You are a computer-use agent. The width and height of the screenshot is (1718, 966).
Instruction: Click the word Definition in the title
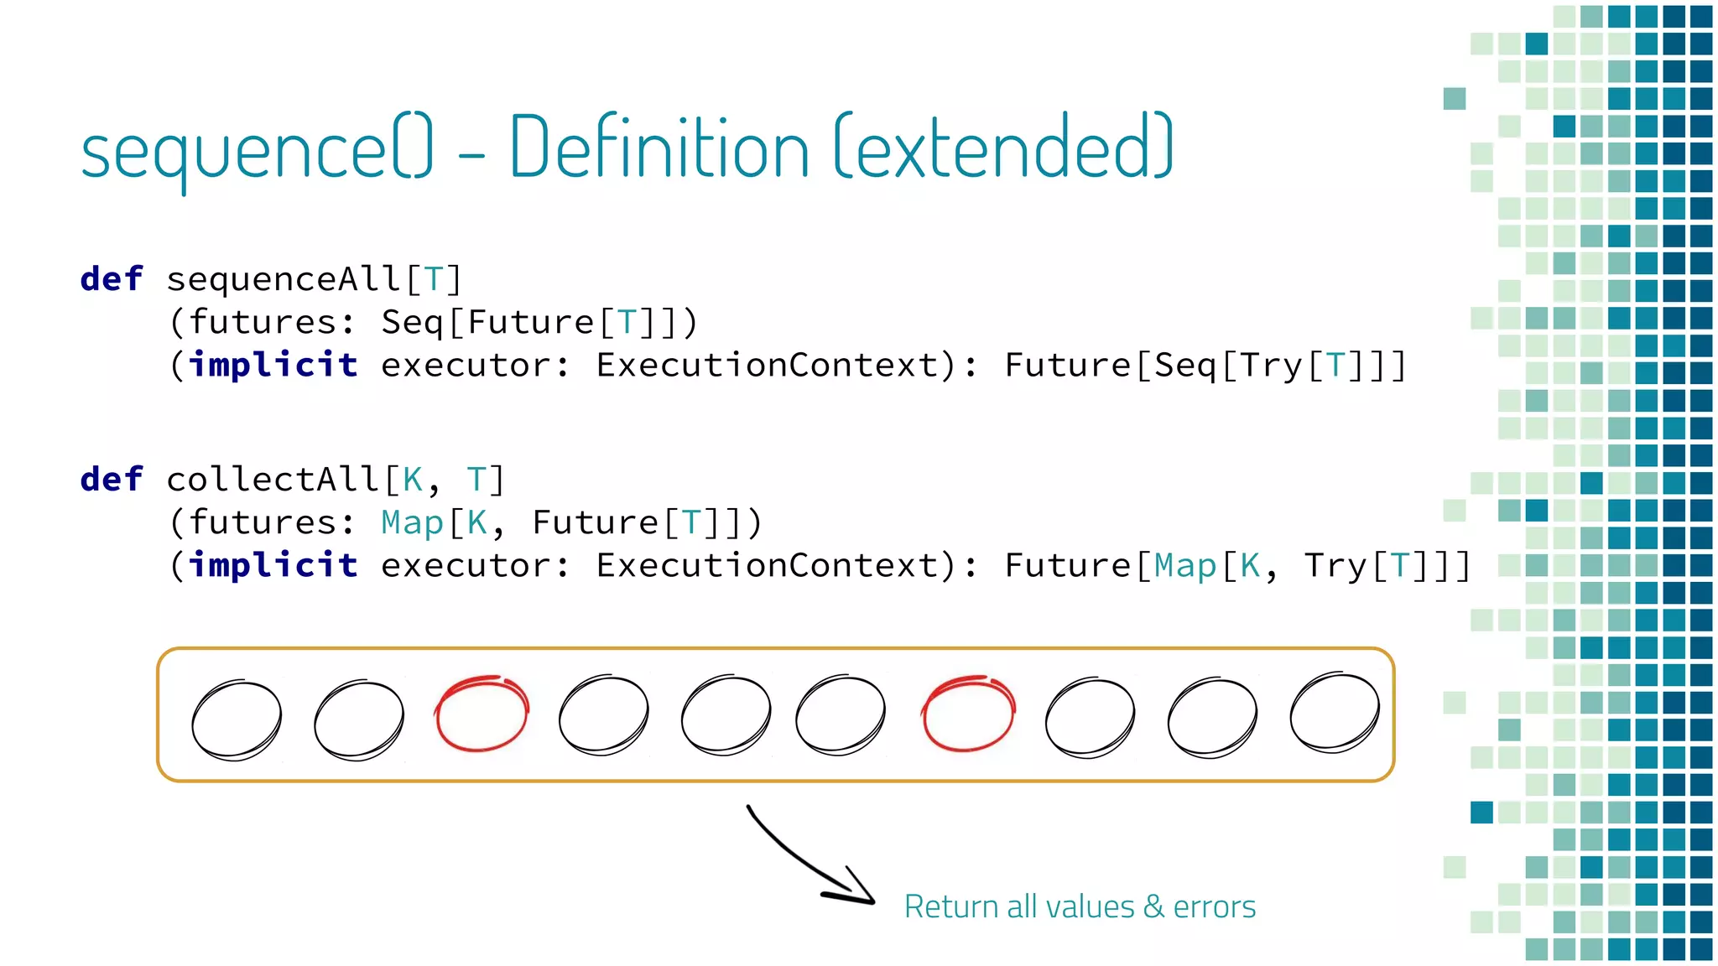click(x=659, y=149)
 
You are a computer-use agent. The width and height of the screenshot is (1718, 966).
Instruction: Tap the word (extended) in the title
click(x=1004, y=149)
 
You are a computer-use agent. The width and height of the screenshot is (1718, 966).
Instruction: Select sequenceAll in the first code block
click(x=284, y=279)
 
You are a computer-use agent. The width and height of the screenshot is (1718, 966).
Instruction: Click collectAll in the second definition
click(x=273, y=480)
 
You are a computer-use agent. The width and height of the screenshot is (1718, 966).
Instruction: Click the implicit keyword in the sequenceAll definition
click(x=273, y=366)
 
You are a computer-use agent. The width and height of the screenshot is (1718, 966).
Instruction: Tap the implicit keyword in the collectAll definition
click(x=273, y=566)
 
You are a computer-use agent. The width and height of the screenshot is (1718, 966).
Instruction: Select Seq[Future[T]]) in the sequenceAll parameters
click(x=539, y=323)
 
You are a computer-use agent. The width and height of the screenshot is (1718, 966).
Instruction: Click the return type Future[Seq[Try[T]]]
click(x=1205, y=366)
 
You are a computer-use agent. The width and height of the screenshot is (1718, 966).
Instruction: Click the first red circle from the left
click(x=482, y=714)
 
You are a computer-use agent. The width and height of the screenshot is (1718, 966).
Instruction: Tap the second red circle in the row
click(x=968, y=714)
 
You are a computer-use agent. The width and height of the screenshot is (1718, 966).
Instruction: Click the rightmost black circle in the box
click(x=1335, y=713)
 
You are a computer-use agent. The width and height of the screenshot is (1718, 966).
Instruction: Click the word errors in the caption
click(x=1214, y=907)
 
